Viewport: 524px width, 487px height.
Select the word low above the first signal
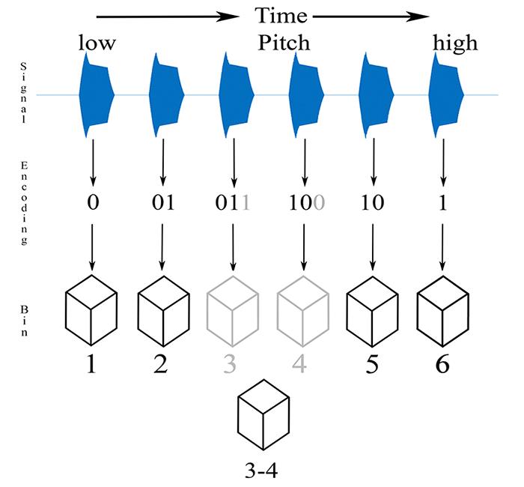(97, 43)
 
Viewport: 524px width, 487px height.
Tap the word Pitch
(284, 43)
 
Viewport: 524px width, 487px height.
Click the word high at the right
(455, 43)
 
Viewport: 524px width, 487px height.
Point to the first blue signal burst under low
(96, 95)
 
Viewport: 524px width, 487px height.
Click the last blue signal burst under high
(446, 95)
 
